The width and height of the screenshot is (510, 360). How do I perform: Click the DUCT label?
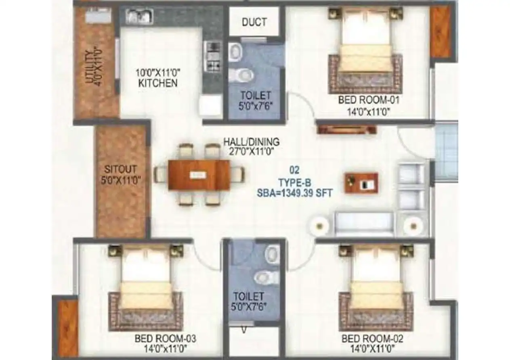coord(254,22)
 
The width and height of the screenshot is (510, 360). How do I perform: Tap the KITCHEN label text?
coord(157,83)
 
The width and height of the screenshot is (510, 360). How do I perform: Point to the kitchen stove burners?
coord(212,56)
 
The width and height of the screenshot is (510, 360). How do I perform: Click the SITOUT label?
coord(121,169)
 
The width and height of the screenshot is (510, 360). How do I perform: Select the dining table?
coord(199,175)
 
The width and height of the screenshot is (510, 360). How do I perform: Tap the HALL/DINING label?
coord(251,142)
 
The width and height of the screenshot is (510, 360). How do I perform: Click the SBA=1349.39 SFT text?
coord(295,193)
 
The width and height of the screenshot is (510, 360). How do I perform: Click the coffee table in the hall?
coord(361,183)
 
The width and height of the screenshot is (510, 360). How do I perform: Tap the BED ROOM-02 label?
coord(372,338)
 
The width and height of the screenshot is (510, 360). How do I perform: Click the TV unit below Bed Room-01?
coord(346,130)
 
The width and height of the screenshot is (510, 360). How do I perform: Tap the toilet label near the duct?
coord(255,96)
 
